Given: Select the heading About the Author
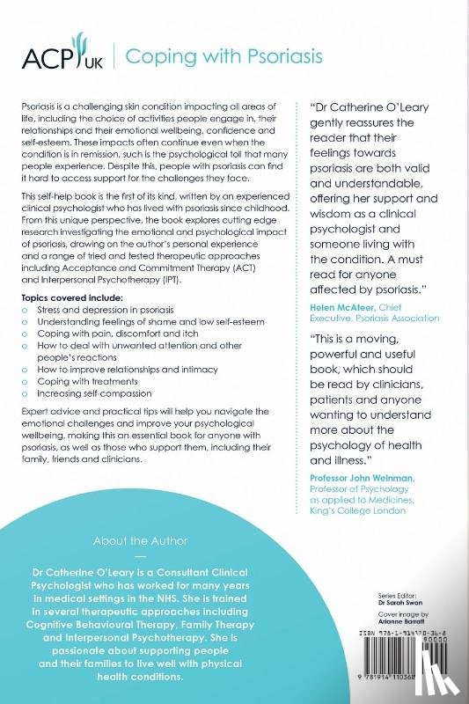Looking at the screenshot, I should [138, 540].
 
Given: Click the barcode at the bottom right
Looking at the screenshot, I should [413, 656].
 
